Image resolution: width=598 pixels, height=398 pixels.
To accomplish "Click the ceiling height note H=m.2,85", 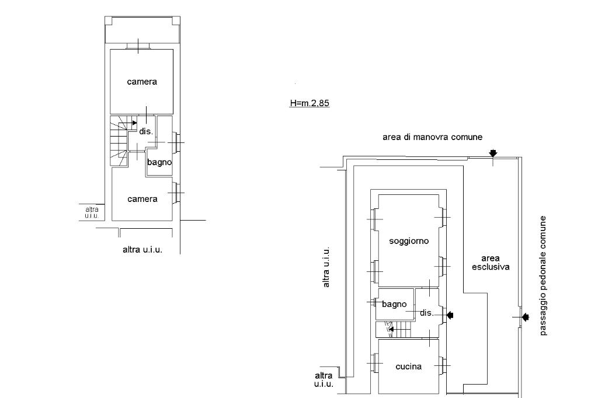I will (310, 104).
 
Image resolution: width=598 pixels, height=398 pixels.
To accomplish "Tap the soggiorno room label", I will (409, 240).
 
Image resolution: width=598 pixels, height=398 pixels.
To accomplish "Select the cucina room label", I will (409, 366).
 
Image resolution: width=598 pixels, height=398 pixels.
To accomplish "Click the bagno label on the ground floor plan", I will (394, 304).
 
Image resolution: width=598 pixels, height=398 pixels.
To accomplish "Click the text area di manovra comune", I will (432, 137).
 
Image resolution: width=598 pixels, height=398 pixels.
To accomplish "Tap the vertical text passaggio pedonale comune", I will (543, 275).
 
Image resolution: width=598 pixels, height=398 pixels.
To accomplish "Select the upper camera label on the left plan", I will (142, 82).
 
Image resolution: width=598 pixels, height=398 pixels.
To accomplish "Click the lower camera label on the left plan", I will (142, 199).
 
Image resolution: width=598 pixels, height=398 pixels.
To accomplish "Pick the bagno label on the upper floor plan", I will (159, 162).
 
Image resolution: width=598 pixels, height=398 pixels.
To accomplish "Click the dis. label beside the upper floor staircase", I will (146, 131).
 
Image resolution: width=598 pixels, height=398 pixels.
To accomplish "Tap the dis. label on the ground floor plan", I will (427, 313).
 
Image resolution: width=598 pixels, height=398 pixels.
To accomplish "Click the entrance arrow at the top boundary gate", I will (493, 153).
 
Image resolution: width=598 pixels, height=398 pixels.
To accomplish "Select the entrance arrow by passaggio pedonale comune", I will (524, 317).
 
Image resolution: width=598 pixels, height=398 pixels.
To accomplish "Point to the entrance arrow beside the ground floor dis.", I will (450, 315).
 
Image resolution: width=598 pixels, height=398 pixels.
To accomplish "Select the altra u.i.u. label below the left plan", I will (142, 250).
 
